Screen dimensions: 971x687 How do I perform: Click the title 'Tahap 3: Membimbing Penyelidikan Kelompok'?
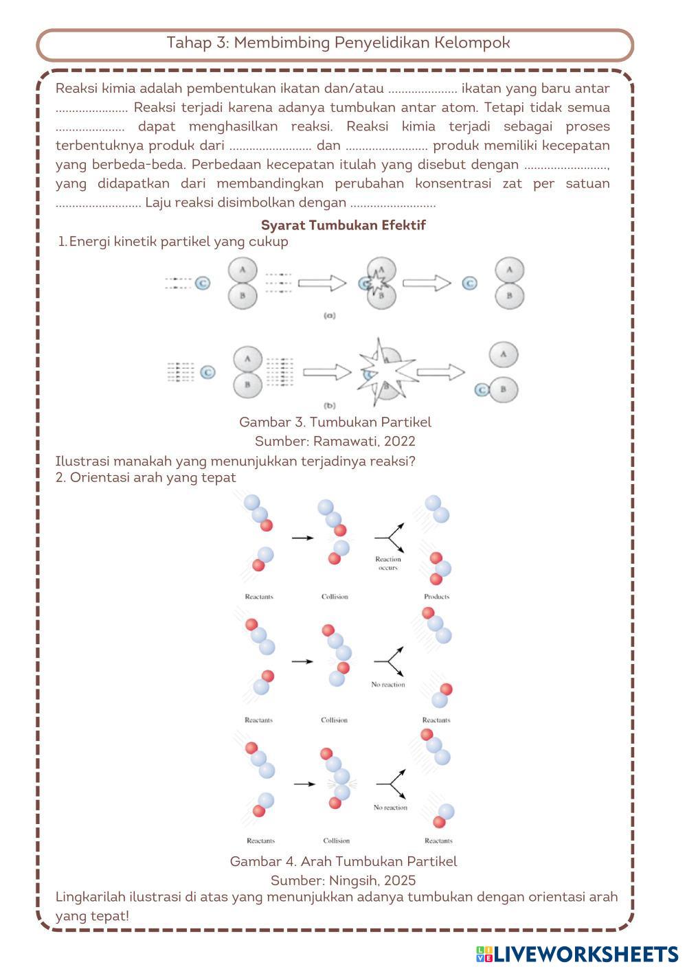(x=338, y=43)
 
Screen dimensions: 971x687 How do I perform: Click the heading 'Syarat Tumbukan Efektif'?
(x=343, y=225)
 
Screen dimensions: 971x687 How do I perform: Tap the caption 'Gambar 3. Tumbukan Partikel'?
(x=335, y=422)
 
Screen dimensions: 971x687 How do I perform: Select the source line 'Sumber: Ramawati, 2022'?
(x=335, y=441)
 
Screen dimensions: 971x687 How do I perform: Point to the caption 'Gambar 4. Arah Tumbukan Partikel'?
(x=343, y=861)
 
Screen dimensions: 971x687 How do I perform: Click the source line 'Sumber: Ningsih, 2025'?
(x=343, y=880)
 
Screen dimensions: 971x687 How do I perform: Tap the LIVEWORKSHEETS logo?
(x=576, y=954)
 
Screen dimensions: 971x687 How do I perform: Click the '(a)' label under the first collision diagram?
(x=329, y=316)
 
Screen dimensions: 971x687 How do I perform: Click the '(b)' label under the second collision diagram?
(x=329, y=406)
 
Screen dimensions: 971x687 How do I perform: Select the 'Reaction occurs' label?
(x=388, y=563)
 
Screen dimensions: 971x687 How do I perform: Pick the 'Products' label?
(x=436, y=597)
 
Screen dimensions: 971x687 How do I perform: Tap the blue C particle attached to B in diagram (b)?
(x=482, y=389)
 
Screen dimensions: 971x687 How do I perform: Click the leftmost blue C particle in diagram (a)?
(x=202, y=283)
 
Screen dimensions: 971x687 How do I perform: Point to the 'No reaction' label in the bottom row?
(x=390, y=808)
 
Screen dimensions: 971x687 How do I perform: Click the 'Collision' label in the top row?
(x=335, y=597)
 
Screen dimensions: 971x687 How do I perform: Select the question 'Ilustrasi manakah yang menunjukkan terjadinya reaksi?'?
(x=235, y=461)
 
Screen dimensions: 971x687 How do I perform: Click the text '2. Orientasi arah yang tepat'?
(x=146, y=477)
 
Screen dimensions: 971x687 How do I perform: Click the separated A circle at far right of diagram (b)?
(x=504, y=355)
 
